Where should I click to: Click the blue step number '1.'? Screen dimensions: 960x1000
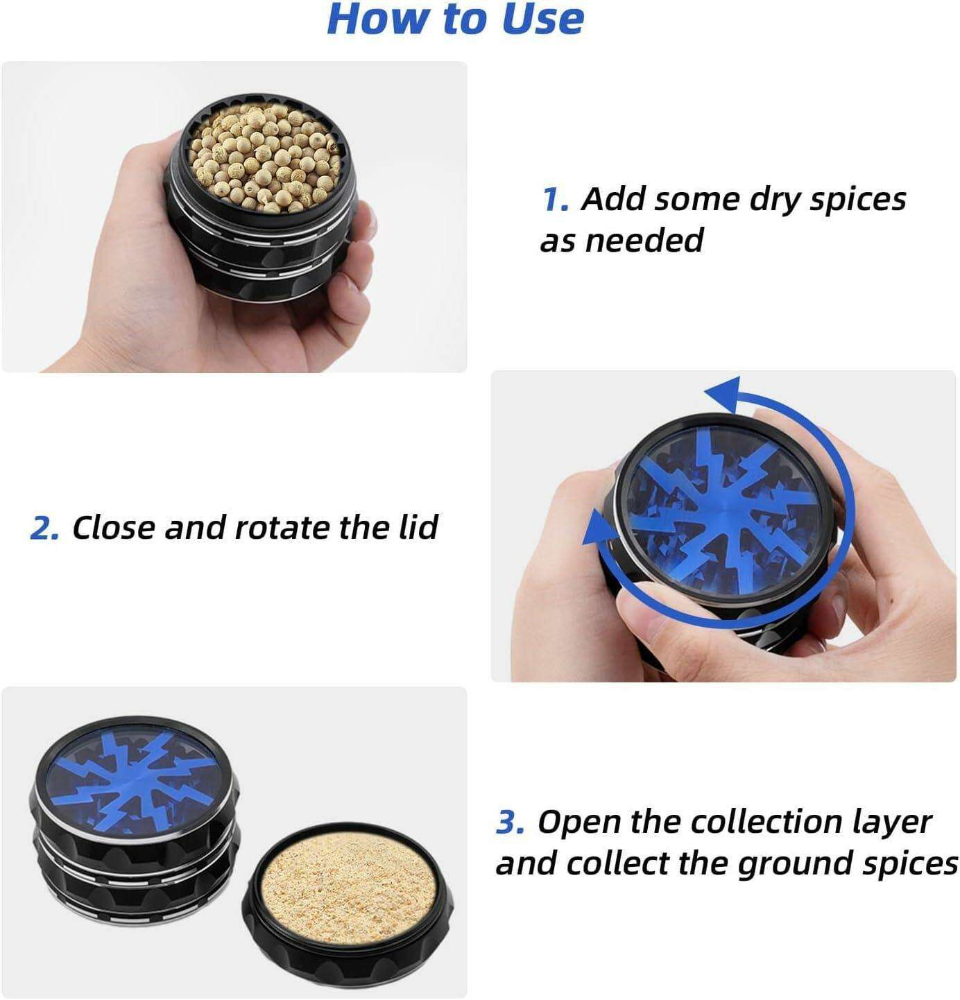(x=556, y=200)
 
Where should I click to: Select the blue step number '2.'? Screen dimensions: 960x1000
(x=44, y=528)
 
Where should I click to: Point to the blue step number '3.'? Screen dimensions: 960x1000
(x=511, y=822)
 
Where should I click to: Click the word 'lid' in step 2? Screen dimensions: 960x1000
(x=418, y=527)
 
